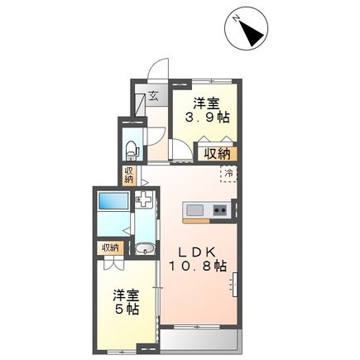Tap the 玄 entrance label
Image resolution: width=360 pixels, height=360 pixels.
(x=153, y=94)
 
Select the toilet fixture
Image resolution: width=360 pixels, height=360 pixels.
(x=132, y=148)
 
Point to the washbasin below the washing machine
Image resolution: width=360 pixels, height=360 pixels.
(x=144, y=246)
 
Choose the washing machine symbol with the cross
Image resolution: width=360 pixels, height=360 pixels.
(x=144, y=199)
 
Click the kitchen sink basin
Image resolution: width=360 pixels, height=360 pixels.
(x=195, y=209)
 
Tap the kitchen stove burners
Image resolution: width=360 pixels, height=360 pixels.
(x=220, y=210)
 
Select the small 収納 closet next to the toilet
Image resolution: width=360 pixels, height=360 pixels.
(x=128, y=175)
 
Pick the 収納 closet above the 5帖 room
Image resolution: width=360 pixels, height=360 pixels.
(x=110, y=247)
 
